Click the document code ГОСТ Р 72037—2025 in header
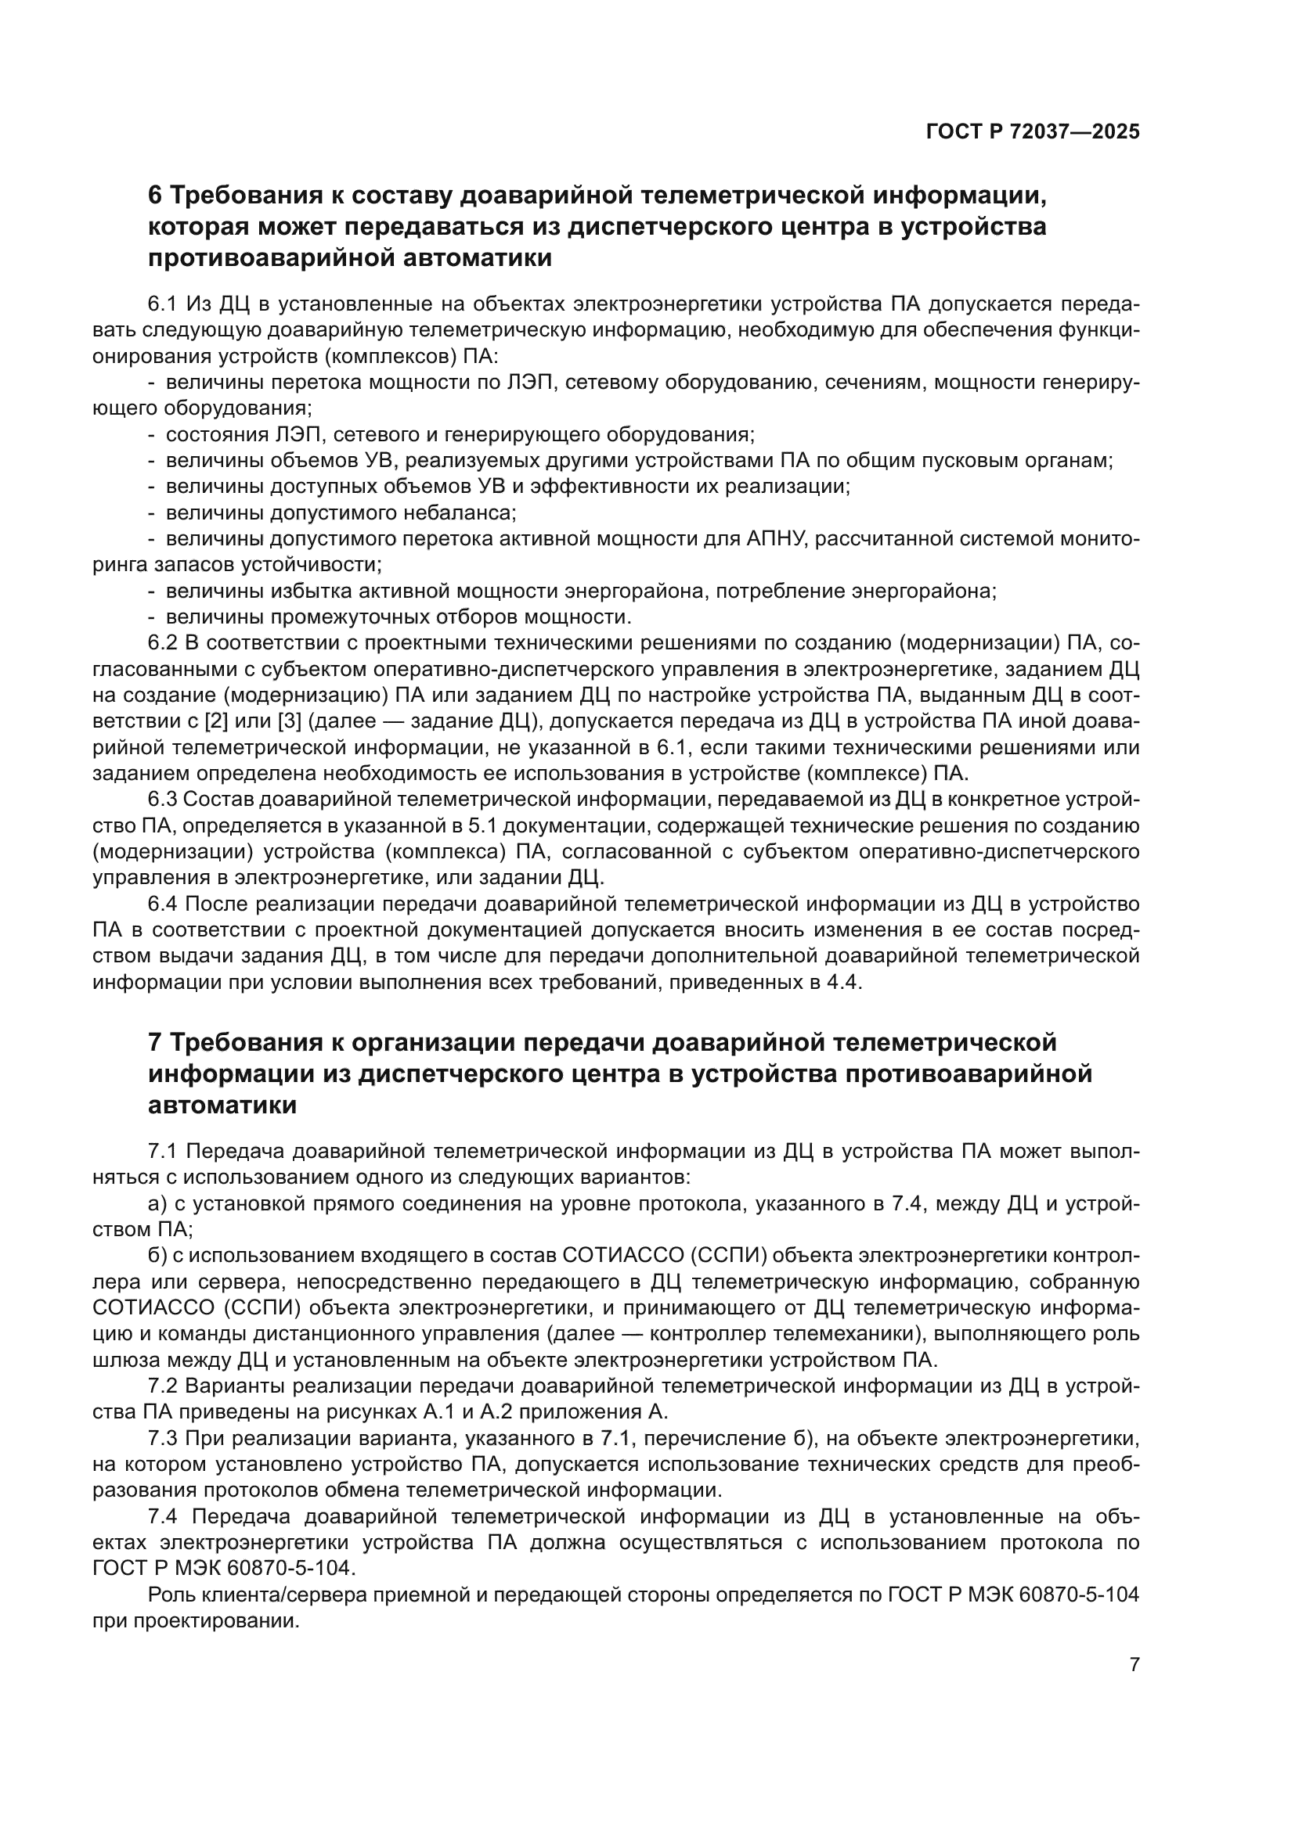1033,132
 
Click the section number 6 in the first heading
156,196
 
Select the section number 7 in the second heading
156,1041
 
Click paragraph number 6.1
164,304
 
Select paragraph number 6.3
164,800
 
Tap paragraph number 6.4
164,904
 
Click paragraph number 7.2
164,1386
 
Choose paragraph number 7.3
164,1439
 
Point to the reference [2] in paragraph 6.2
216,721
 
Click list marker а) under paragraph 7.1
157,1203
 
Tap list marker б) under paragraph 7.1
157,1255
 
